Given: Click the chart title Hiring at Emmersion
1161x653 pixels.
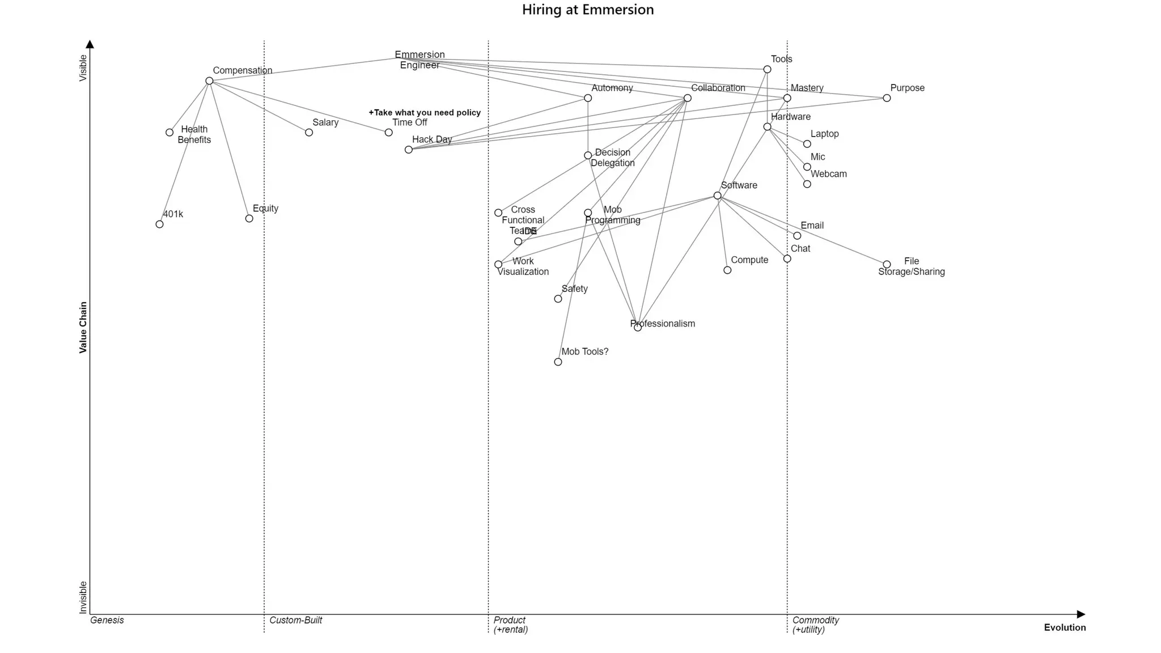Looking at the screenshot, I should click(588, 10).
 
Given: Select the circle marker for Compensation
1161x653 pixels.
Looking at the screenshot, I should click(209, 81).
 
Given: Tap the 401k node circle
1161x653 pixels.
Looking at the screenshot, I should click(159, 224).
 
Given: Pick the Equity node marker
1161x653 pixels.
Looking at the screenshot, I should click(249, 219).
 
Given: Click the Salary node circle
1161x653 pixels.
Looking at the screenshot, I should click(309, 133).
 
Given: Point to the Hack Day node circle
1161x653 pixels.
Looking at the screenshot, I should click(408, 150).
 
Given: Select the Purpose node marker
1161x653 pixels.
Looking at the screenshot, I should click(887, 98).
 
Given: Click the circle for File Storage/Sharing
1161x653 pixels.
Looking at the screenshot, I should click(887, 265).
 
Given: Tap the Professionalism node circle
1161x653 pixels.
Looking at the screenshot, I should click(638, 328).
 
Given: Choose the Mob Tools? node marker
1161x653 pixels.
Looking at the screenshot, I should click(558, 362).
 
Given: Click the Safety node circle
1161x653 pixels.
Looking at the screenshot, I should click(558, 299).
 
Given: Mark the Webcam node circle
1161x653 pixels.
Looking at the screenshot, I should click(807, 184).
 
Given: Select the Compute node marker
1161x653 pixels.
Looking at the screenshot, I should click(727, 270).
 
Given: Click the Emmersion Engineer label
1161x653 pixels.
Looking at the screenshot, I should click(420, 60).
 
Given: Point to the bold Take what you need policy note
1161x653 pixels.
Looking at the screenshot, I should click(425, 113).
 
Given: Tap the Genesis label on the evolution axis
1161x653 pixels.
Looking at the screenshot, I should click(107, 620).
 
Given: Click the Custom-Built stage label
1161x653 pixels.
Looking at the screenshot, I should click(295, 620).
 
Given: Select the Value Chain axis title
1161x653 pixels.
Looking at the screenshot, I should click(83, 328).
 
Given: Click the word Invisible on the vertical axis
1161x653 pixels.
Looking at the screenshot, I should click(83, 597).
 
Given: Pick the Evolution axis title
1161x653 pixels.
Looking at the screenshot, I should click(1065, 627).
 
